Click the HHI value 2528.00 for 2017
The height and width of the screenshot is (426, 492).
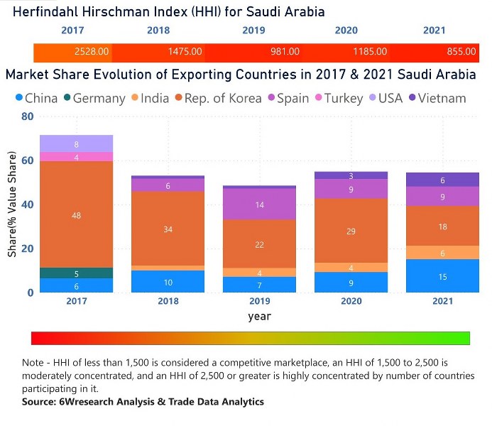click(92, 52)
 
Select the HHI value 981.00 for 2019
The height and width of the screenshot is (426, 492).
click(285, 52)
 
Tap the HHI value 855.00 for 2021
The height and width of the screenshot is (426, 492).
click(461, 52)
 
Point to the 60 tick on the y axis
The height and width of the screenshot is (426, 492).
click(27, 160)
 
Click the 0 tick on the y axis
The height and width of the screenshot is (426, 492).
click(31, 293)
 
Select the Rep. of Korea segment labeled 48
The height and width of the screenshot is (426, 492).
click(77, 215)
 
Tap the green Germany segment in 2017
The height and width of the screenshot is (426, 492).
click(77, 273)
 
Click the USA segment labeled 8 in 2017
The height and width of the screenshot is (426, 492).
click(77, 143)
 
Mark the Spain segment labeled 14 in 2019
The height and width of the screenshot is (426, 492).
click(260, 204)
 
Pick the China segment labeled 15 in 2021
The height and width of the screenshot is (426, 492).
click(442, 276)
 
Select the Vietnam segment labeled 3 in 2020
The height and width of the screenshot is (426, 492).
click(351, 175)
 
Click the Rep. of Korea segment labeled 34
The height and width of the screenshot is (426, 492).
click(168, 229)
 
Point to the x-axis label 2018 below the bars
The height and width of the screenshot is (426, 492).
click(168, 301)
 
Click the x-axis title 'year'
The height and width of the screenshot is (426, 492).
click(259, 316)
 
